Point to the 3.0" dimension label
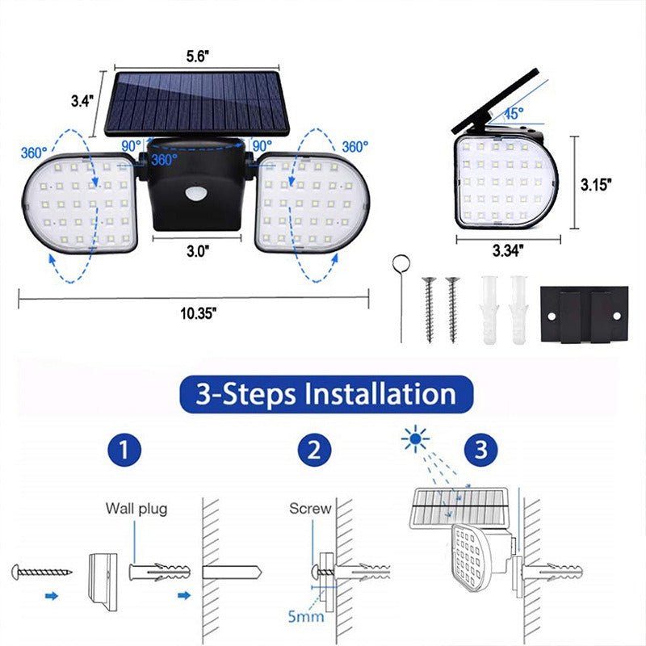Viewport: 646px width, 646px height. coord(196,250)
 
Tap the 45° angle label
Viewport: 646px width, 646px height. coord(514,113)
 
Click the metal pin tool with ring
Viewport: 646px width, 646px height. coord(399,296)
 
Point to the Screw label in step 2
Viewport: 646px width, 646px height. coord(310,509)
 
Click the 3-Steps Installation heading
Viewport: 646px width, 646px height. coord(325,394)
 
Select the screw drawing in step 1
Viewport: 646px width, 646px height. coord(42,572)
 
